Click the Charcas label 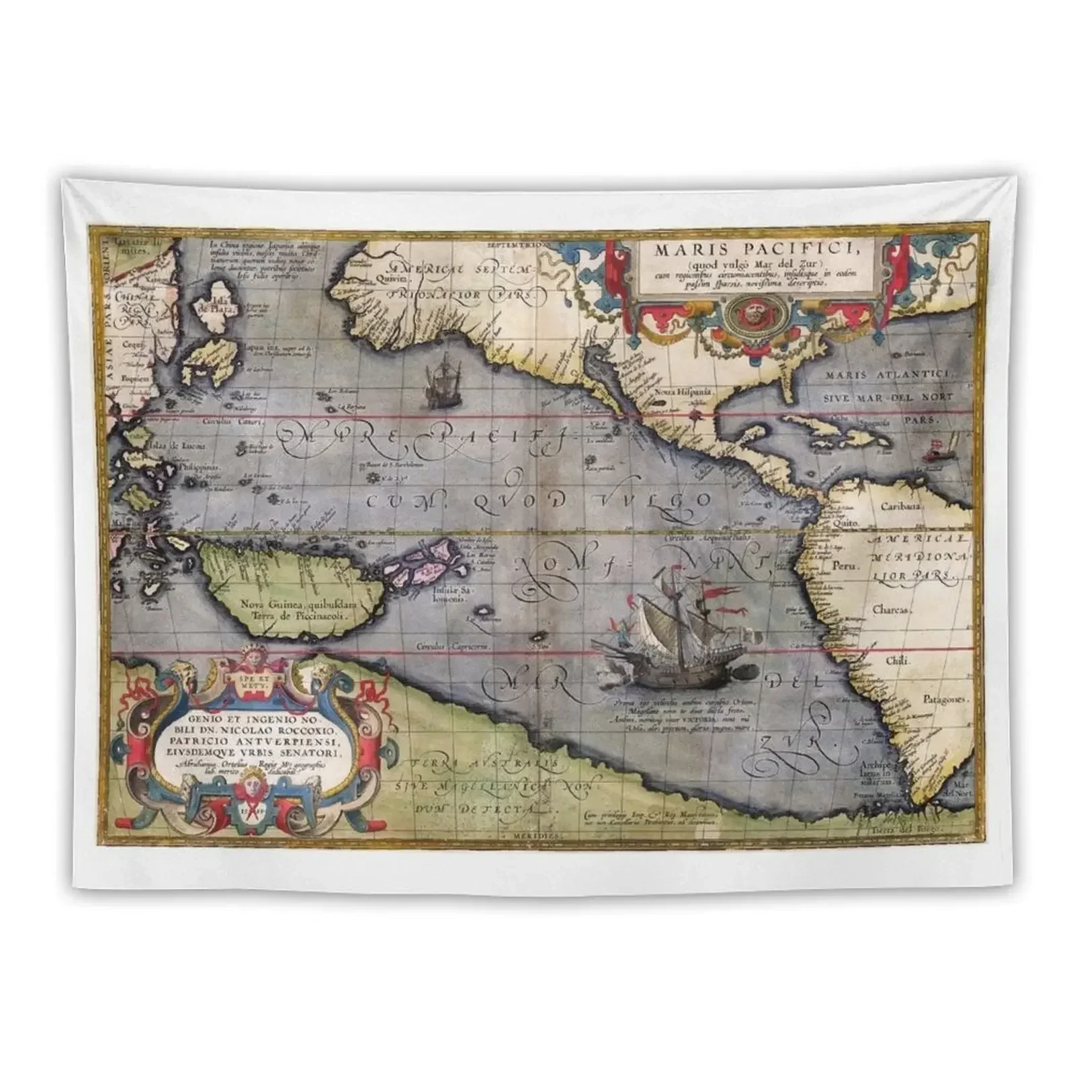[x=892, y=610]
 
